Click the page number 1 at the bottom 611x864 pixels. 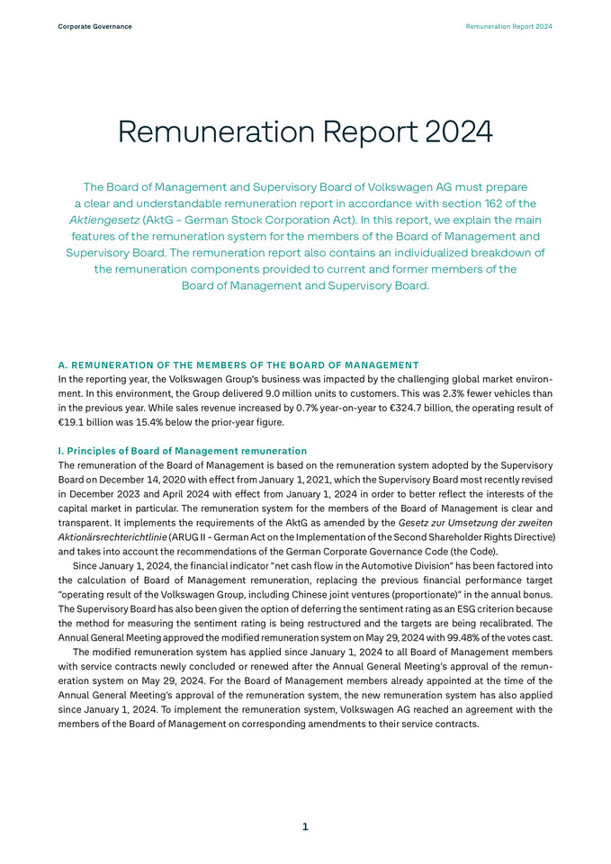tap(305, 826)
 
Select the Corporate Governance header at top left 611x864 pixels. tap(94, 27)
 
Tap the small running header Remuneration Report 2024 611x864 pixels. tap(508, 27)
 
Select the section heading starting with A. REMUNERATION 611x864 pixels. tap(238, 364)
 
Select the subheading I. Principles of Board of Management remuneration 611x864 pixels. tap(183, 450)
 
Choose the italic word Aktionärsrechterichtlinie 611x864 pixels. tap(112, 536)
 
